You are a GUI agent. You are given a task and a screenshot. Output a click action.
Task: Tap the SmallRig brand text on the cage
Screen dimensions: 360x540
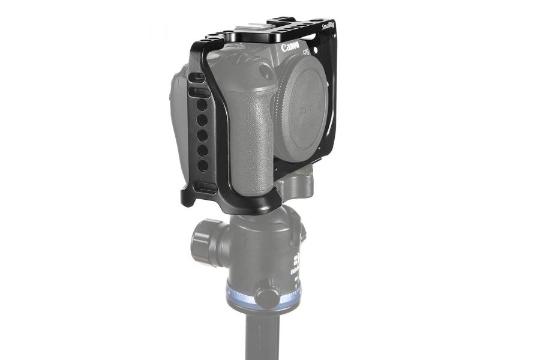coord(328,26)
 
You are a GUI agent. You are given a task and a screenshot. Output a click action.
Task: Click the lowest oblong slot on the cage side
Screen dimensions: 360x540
coord(204,187)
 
